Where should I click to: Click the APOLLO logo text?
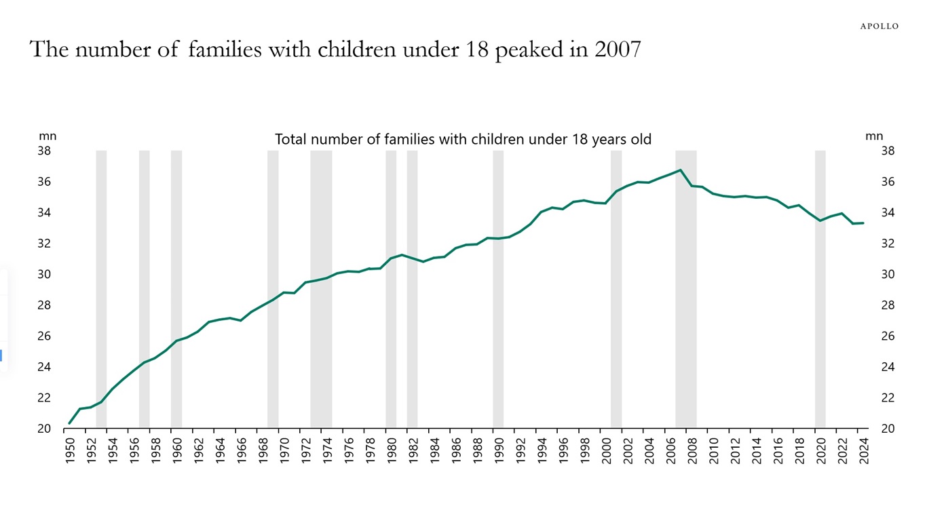click(879, 26)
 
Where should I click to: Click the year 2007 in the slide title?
click(618, 50)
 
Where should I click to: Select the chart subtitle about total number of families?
click(463, 139)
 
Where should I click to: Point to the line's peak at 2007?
click(680, 170)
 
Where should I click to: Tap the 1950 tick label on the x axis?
click(70, 450)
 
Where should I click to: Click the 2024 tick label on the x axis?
click(864, 450)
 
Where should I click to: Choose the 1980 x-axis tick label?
click(392, 450)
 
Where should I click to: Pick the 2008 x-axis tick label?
click(692, 450)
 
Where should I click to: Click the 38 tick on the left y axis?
click(44, 151)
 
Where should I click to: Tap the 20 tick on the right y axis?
click(888, 429)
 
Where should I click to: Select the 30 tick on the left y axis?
click(44, 274)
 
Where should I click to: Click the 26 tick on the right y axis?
click(888, 336)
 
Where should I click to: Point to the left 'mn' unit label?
click(48, 136)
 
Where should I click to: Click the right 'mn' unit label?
click(874, 136)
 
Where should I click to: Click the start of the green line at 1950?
click(69, 423)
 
